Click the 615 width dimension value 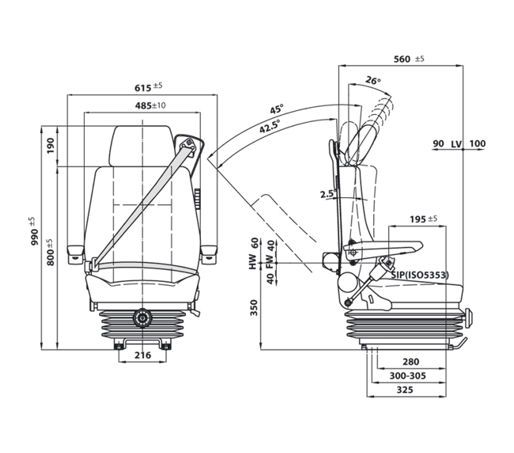(x=143, y=88)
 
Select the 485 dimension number (x=143, y=105)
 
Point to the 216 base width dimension (x=143, y=355)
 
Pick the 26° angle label (x=373, y=80)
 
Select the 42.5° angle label (x=270, y=127)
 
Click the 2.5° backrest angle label (x=328, y=194)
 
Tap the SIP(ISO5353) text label (x=421, y=275)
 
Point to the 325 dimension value (x=405, y=390)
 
